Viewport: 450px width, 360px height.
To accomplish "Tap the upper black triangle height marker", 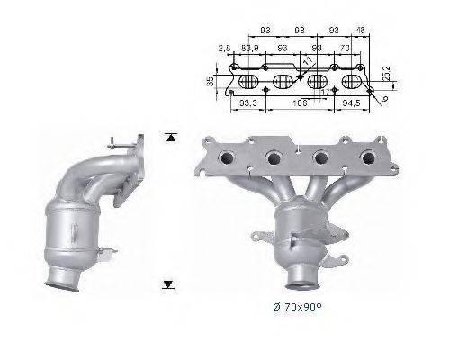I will (168, 138).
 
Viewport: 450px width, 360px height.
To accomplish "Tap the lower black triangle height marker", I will (168, 284).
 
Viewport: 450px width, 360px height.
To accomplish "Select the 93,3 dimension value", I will (249, 104).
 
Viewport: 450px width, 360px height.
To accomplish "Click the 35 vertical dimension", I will (211, 82).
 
